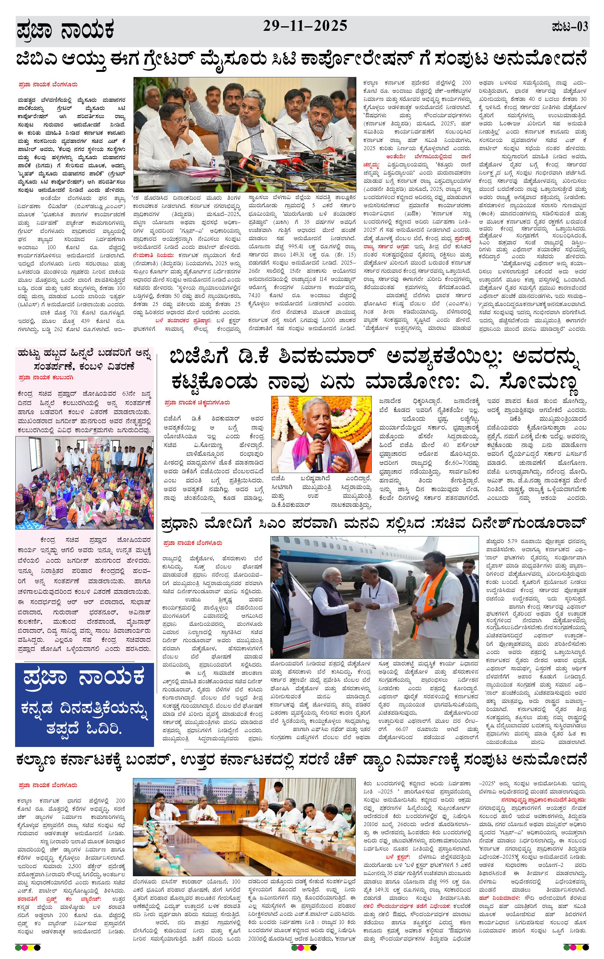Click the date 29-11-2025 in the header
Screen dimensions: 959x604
point(305,26)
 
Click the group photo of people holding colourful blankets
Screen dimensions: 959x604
point(84,482)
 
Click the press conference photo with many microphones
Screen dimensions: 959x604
point(244,135)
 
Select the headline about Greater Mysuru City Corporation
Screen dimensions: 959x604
point(301,60)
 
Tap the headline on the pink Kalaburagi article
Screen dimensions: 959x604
point(84,359)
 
